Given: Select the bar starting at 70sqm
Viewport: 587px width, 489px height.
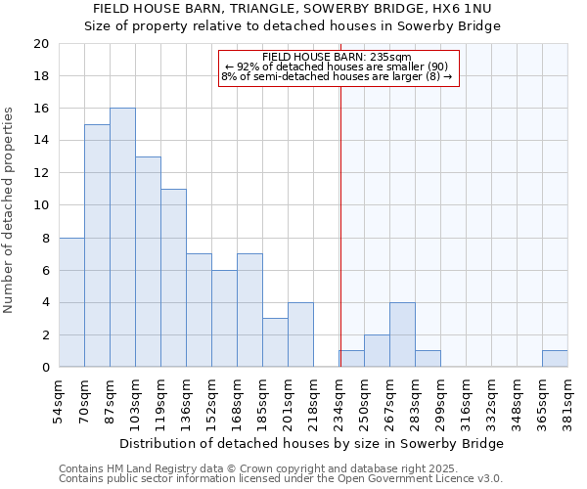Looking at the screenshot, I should (x=97, y=245).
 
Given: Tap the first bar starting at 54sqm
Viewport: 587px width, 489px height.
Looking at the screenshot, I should (x=71, y=302).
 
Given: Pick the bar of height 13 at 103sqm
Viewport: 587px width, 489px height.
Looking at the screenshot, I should (x=148, y=262).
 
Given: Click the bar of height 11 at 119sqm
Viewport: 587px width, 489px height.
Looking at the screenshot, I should (x=173, y=278).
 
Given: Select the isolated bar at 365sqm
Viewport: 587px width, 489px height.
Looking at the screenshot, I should (x=555, y=359).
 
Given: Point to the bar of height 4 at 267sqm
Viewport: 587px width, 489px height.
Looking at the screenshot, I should (x=402, y=334).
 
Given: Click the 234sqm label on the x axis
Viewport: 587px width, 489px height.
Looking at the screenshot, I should (x=339, y=401).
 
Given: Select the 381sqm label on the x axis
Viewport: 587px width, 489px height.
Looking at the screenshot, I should (x=568, y=401).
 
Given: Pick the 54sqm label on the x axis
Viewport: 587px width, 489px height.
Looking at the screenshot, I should (x=60, y=401).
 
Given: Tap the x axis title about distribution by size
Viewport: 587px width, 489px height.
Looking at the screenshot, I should (x=313, y=443).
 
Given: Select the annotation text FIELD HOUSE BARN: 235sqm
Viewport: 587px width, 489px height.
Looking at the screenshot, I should (x=337, y=57).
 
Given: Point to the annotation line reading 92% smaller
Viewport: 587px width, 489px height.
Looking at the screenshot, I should (x=337, y=67).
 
